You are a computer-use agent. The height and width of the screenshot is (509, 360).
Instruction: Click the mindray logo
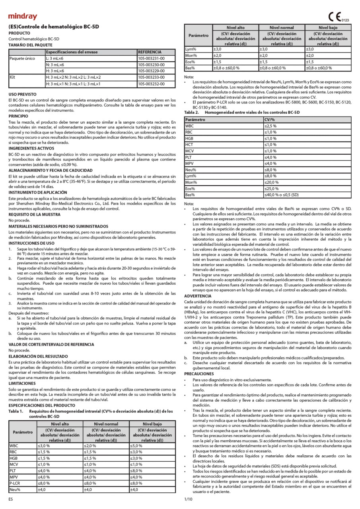(23, 16)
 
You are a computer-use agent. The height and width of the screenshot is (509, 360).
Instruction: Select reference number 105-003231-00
(151, 58)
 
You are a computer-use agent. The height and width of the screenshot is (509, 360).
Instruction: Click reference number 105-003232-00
(151, 84)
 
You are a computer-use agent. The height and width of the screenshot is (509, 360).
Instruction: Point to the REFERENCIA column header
(150, 52)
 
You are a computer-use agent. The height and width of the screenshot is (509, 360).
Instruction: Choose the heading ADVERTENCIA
(198, 296)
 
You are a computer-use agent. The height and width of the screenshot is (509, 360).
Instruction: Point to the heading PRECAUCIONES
(199, 374)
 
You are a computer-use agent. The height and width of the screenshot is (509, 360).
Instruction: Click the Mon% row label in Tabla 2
(192, 182)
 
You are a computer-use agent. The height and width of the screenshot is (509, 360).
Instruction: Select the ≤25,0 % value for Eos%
(273, 188)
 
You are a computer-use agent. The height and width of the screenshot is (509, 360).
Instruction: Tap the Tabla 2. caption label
(192, 113)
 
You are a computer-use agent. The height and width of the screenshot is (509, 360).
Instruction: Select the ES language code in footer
(11, 498)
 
